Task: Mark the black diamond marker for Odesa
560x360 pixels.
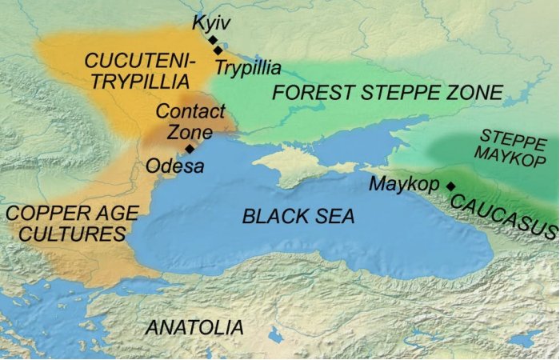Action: (x=190, y=148)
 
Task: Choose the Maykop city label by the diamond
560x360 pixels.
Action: (x=404, y=185)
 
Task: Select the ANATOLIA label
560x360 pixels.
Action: (x=194, y=326)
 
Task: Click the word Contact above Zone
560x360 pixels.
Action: (x=190, y=111)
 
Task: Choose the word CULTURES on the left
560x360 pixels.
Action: (x=66, y=234)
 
